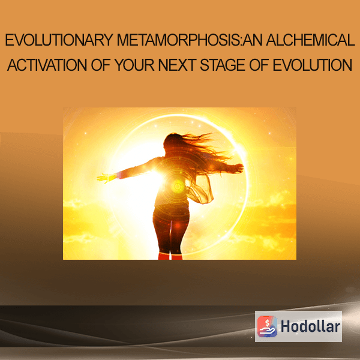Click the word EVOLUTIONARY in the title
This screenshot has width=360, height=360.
(x=59, y=40)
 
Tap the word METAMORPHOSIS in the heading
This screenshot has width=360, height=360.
(x=178, y=40)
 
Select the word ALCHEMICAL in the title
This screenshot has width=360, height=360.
(x=311, y=40)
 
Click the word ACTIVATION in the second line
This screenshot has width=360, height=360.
(x=47, y=65)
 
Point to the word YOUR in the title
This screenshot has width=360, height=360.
(x=134, y=65)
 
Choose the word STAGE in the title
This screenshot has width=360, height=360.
(x=223, y=65)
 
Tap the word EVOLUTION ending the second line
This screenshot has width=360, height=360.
(x=313, y=65)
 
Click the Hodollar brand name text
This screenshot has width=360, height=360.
(x=310, y=327)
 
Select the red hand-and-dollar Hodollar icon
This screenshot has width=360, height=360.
(x=267, y=326)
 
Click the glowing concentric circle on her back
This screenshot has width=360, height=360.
(x=178, y=186)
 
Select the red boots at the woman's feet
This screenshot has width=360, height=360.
(x=170, y=256)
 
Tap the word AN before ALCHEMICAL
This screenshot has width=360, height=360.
(x=253, y=40)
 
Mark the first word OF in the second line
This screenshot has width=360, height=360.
(x=101, y=65)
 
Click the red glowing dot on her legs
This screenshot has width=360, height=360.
(x=177, y=226)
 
